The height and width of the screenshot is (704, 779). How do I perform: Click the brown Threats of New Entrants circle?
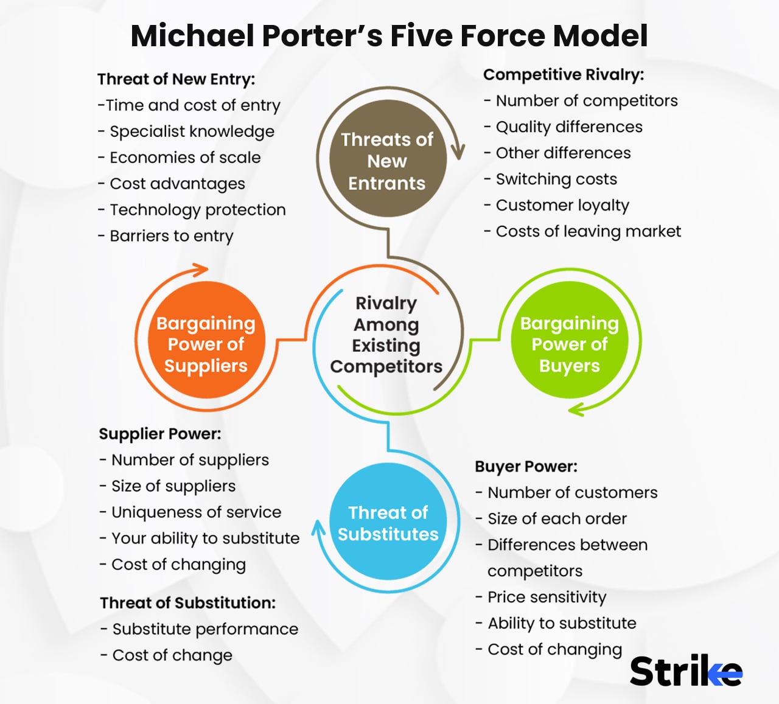click(388, 160)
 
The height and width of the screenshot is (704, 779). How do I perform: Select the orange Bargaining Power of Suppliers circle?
click(206, 344)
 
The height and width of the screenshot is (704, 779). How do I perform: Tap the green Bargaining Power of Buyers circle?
click(569, 344)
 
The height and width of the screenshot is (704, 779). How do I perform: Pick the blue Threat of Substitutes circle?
click(388, 523)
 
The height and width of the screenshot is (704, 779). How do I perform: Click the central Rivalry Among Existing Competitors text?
click(386, 335)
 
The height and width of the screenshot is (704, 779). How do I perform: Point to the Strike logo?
click(685, 671)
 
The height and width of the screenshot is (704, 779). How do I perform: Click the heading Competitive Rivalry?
click(563, 75)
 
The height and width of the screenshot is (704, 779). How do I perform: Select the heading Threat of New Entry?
click(176, 79)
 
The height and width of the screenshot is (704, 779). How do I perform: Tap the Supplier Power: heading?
click(160, 434)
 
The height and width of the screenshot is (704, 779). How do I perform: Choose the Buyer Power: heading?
click(526, 467)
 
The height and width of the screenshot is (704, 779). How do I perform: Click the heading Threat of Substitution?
click(187, 603)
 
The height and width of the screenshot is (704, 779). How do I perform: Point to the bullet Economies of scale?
click(185, 158)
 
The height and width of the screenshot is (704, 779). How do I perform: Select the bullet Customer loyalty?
click(562, 206)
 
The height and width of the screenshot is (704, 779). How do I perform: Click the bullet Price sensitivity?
click(547, 598)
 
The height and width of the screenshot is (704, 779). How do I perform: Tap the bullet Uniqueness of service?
click(196, 512)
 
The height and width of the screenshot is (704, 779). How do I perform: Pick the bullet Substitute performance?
click(205, 629)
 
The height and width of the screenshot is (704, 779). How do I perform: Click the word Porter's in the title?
click(321, 35)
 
